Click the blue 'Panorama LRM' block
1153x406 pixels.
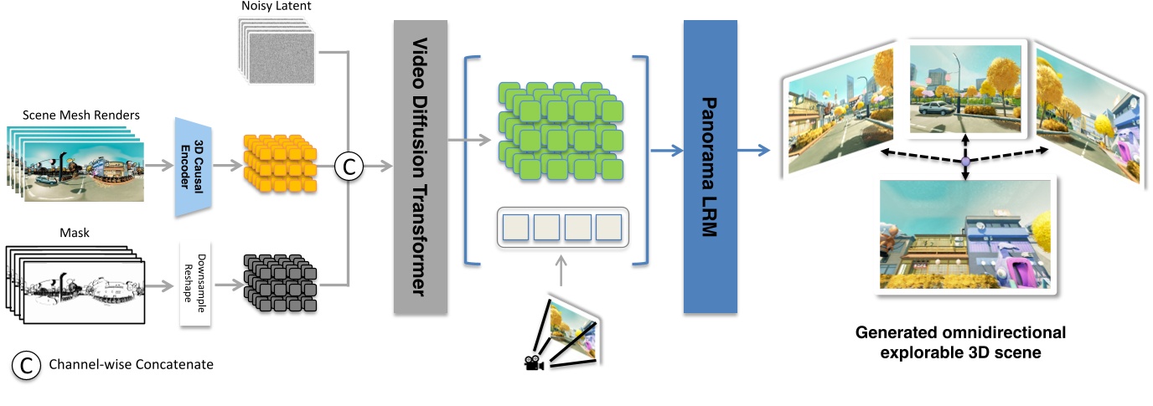pos(710,167)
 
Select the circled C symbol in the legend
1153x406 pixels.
pos(26,365)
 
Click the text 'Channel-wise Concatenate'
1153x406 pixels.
pos(132,365)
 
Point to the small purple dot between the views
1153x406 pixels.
pos(964,161)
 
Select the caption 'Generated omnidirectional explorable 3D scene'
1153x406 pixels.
pos(960,342)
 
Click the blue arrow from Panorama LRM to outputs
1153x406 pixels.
pos(752,152)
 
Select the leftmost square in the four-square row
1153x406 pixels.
pos(515,228)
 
